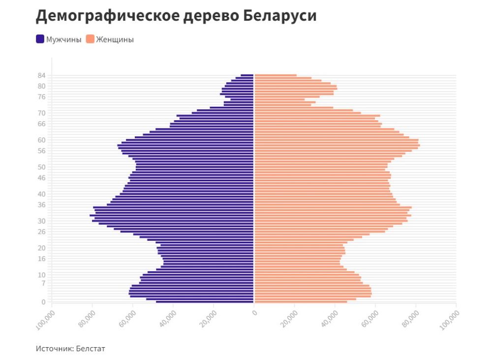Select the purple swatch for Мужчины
pyautogui.click(x=40, y=39)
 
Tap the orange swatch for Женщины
pyautogui.click(x=90, y=39)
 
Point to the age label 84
pyautogui.click(x=41, y=75)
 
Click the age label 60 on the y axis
pyautogui.click(x=41, y=140)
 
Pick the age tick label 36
pyautogui.click(x=41, y=204)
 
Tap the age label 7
pyautogui.click(x=43, y=283)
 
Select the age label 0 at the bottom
pyautogui.click(x=43, y=302)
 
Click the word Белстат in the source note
pyautogui.click(x=91, y=349)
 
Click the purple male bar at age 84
pyautogui.click(x=247, y=75)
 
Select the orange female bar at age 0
pyautogui.click(x=300, y=302)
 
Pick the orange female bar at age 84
pyautogui.click(x=276, y=75)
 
